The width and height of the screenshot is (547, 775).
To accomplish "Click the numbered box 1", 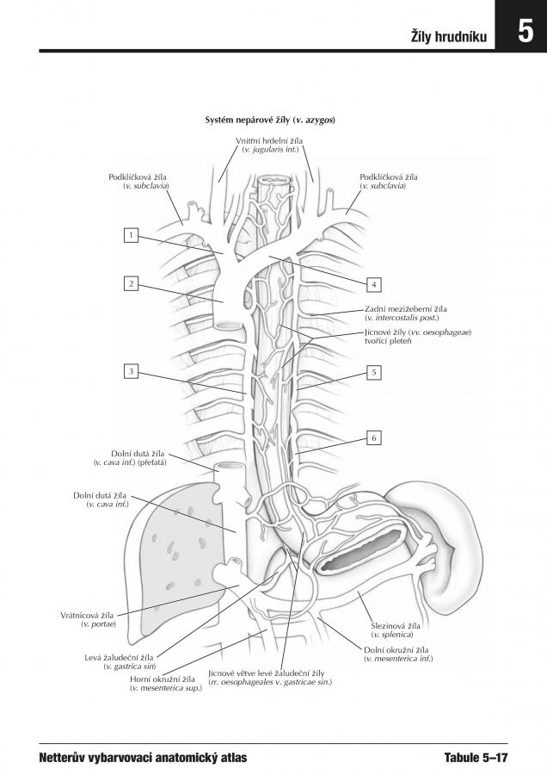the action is coord(131,235).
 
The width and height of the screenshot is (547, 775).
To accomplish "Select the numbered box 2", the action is coord(131,283).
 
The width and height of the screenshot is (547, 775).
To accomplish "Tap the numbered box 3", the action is coord(131,371).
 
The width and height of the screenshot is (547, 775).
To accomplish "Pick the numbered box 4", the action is coord(374,285).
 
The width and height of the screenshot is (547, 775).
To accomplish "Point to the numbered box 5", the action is coord(374,372).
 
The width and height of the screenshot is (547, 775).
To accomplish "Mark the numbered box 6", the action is coord(374,438).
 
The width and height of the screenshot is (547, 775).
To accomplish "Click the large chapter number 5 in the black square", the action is coord(525,32).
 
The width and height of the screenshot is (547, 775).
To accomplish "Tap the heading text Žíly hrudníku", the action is coord(449,36).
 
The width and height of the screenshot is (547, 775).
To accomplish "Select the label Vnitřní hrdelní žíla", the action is coord(269,141).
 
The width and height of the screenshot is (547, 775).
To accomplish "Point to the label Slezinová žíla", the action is coord(396,626).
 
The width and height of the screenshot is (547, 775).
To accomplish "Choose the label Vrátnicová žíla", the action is coord(87,616).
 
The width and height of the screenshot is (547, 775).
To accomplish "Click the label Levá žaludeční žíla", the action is coord(119,658).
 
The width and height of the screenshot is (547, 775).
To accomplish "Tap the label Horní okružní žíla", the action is coord(163,679).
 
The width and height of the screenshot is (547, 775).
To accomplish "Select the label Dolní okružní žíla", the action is coord(396,650).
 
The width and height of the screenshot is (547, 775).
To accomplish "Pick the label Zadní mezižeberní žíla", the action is coord(406,309).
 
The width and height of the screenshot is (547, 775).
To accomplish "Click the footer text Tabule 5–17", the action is coord(476,757).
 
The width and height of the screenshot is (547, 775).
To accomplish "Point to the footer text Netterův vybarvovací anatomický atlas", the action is coord(143,758).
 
